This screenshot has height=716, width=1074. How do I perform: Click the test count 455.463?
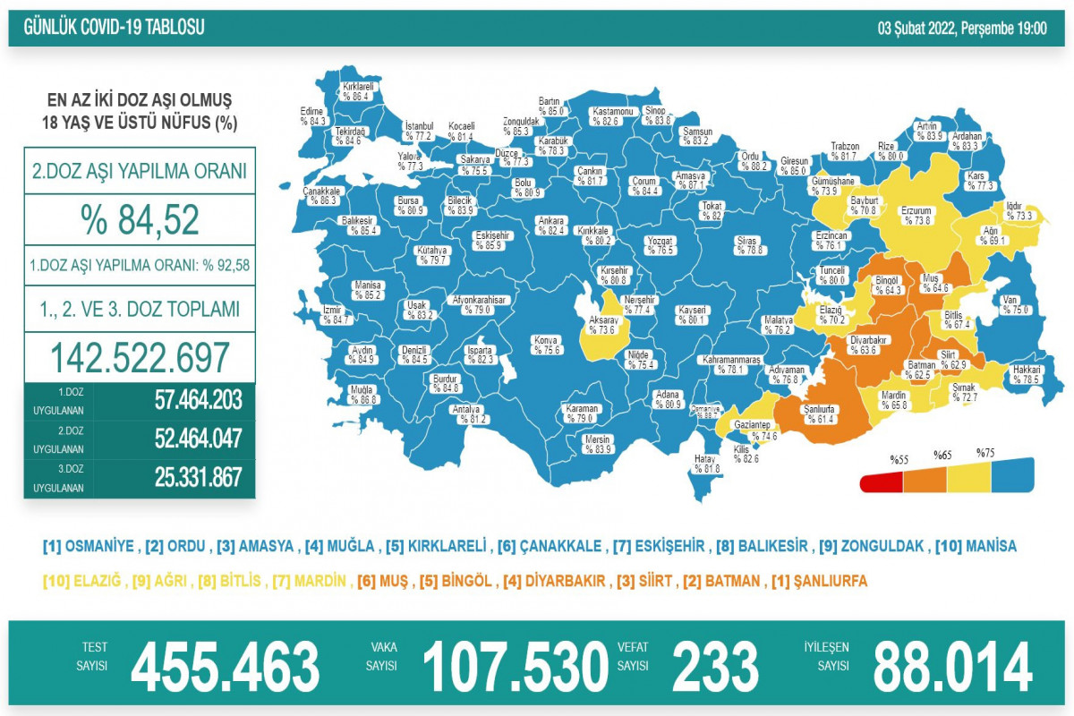point(225,667)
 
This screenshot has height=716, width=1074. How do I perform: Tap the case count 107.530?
point(515,667)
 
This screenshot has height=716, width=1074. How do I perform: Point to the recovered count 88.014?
point(952,667)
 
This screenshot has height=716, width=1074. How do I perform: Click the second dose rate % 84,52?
point(140,220)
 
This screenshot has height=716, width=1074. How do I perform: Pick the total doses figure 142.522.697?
point(140,358)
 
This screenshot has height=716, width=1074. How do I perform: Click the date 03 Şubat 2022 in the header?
point(962,28)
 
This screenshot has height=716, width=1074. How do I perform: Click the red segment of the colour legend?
point(882,483)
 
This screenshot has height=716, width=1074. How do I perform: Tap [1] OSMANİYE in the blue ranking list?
point(89,546)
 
